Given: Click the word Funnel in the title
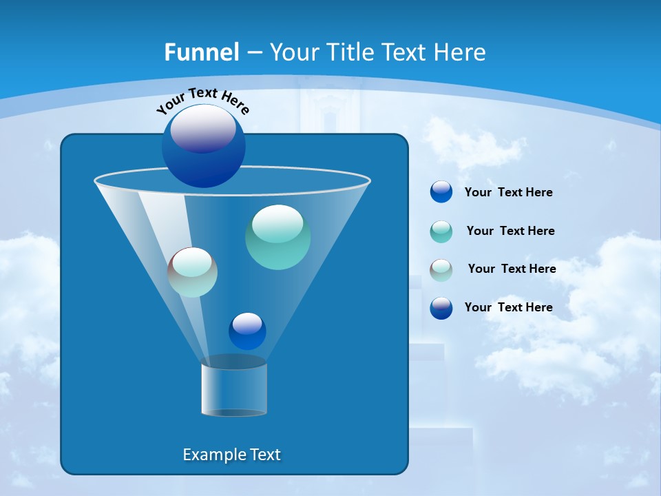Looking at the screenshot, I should coord(201,52).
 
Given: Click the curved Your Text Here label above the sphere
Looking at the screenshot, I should coord(202,99).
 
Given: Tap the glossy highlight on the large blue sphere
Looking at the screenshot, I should coord(203,129).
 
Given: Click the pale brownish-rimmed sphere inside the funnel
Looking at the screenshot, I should coord(192,273).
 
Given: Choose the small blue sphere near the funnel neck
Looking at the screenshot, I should coord(247,332).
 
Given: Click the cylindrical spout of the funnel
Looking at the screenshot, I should coord(234,389).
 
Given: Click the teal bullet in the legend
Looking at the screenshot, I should coord(441,231).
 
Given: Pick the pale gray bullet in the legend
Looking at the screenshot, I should coord(441,270).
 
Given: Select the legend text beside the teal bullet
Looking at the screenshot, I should coord(510,231).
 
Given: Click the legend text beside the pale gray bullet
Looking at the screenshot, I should coord(512,269).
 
